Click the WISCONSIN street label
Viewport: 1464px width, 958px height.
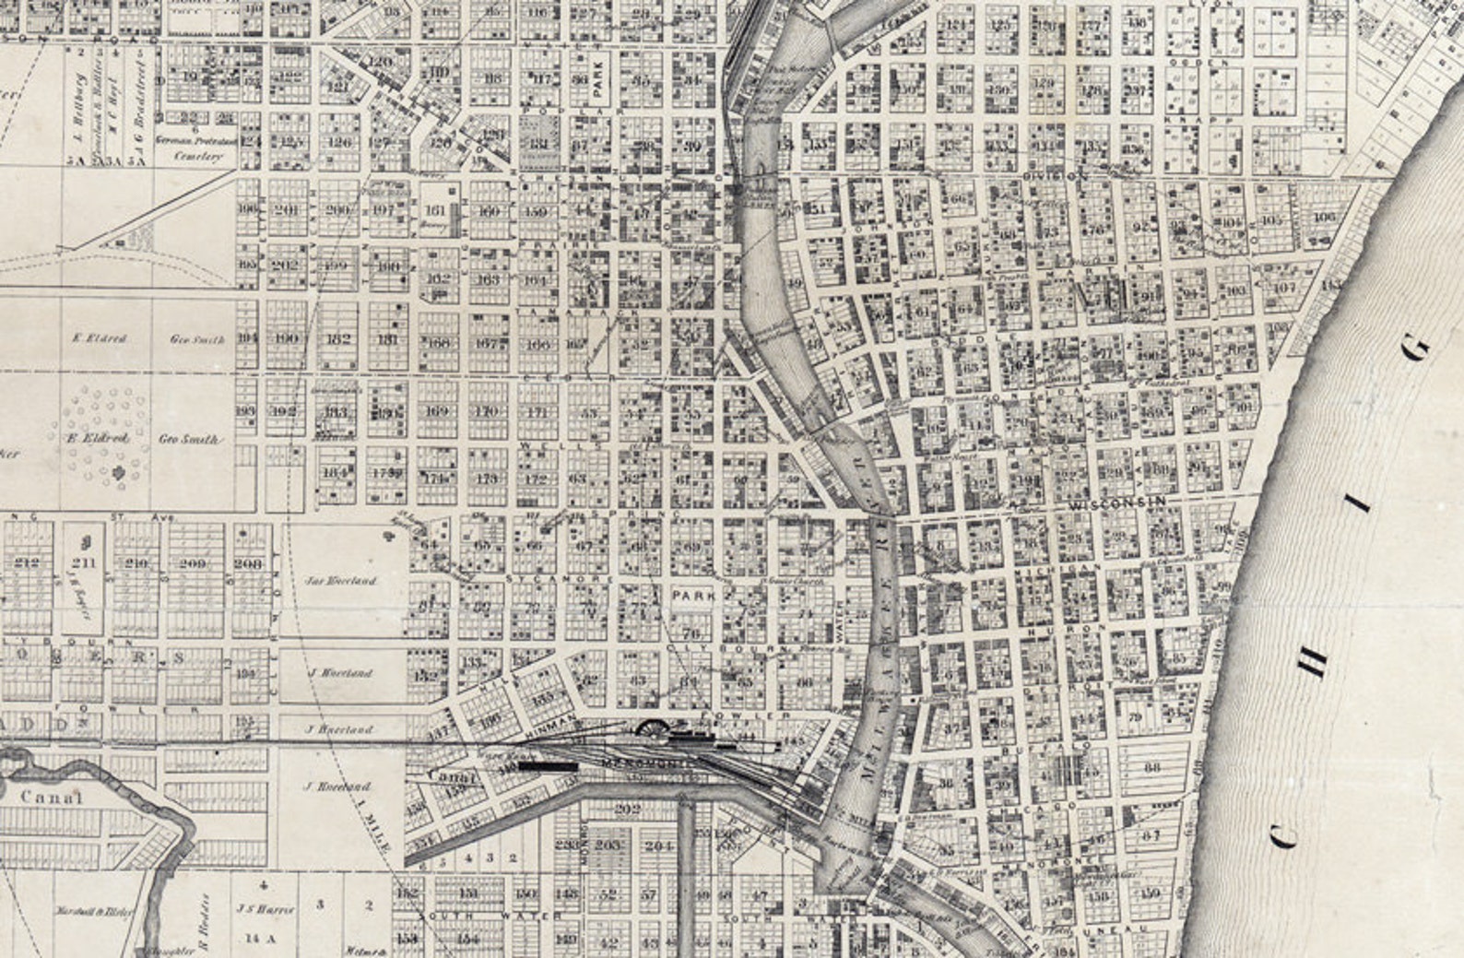1119,502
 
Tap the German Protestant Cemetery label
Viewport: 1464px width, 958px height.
201,148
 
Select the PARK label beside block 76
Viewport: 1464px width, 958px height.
693,597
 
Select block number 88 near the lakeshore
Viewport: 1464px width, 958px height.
1152,767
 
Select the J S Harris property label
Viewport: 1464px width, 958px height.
270,908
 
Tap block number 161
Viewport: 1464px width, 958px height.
435,210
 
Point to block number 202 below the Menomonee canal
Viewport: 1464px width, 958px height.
628,810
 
